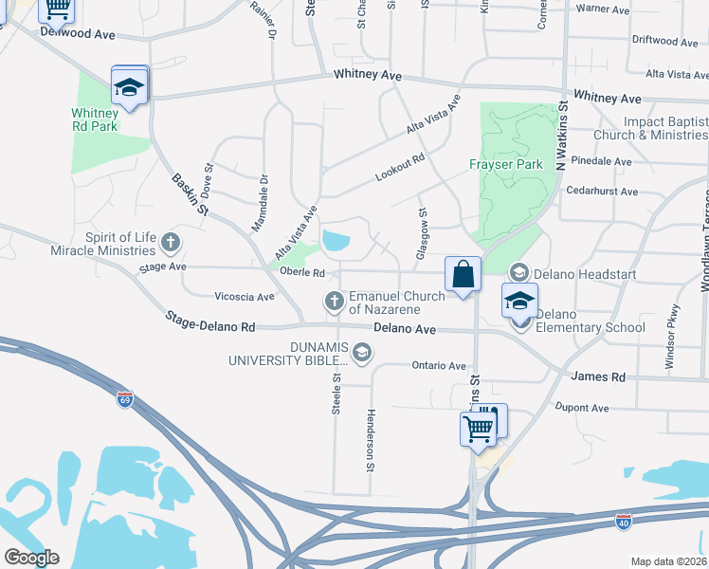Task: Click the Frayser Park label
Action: pyautogui.click(x=506, y=164)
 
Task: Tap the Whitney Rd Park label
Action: pyautogui.click(x=95, y=119)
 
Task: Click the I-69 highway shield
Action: pyautogui.click(x=124, y=398)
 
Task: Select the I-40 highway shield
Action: pyautogui.click(x=623, y=522)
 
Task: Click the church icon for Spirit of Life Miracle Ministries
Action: pyautogui.click(x=171, y=241)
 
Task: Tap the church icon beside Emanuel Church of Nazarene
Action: pyautogui.click(x=334, y=303)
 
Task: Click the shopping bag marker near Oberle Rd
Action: pyautogui.click(x=462, y=275)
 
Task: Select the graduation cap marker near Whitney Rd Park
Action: pyautogui.click(x=129, y=87)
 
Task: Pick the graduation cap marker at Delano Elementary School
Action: pyautogui.click(x=519, y=302)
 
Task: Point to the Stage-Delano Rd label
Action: pyautogui.click(x=210, y=321)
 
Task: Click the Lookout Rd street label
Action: pyautogui.click(x=400, y=168)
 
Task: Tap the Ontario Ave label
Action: pyautogui.click(x=439, y=366)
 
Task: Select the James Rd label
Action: pyautogui.click(x=598, y=376)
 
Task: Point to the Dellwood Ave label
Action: pyautogui.click(x=77, y=33)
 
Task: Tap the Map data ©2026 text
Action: pyautogui.click(x=668, y=561)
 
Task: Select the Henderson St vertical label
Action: pyautogui.click(x=371, y=440)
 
